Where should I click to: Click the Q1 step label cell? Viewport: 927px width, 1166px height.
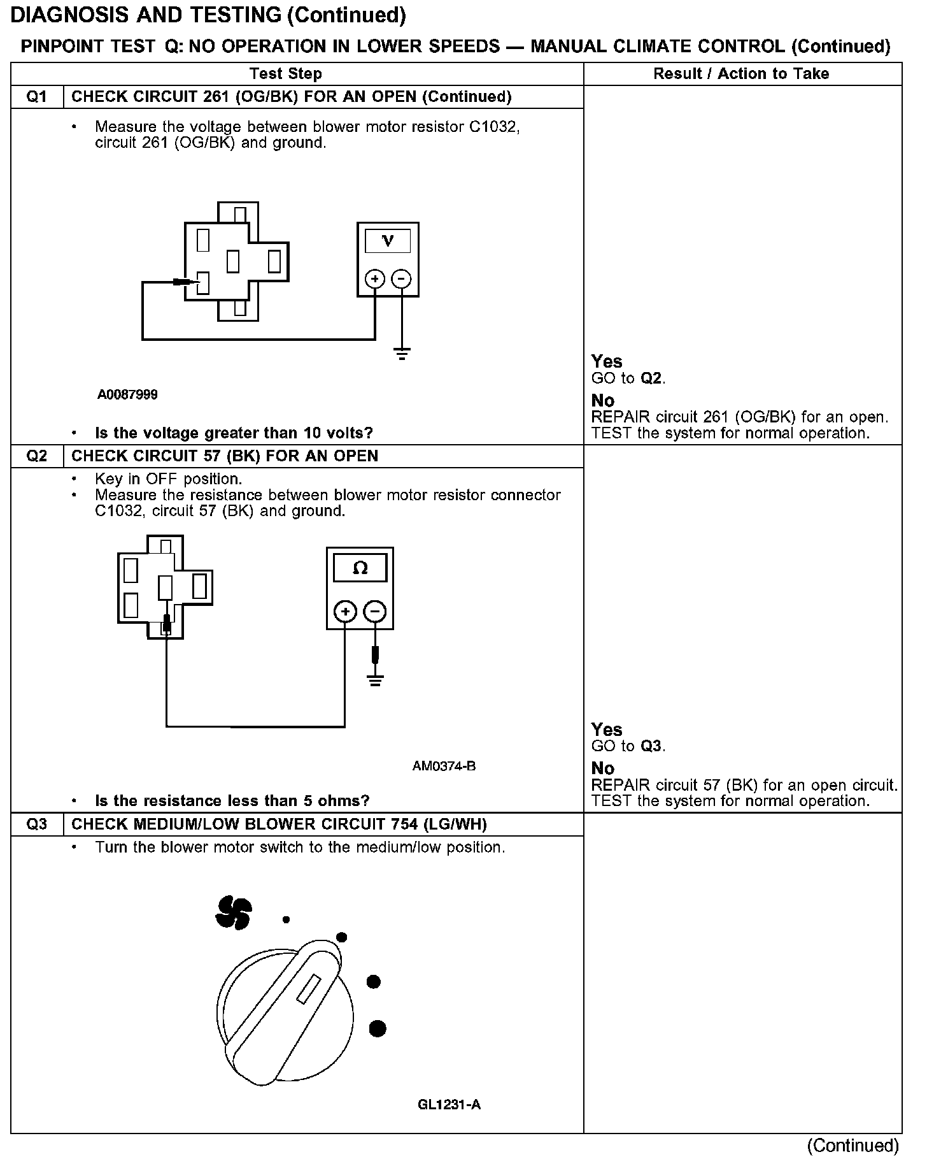37,97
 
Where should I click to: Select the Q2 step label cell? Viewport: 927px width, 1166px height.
37,456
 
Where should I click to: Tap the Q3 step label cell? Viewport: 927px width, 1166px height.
37,824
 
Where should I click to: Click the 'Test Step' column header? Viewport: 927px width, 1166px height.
286,74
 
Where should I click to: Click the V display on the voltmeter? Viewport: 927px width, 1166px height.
387,241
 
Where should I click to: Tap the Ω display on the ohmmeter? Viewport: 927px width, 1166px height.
360,568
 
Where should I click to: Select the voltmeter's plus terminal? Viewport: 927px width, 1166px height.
374,279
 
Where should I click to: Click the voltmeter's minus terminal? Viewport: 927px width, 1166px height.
401,279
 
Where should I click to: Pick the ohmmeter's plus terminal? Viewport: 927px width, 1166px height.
345,612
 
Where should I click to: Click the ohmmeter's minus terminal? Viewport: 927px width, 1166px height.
375,612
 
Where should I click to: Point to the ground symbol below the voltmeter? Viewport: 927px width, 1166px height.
402,354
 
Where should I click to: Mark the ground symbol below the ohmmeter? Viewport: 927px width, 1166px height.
375,680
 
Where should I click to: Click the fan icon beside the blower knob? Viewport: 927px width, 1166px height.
234,912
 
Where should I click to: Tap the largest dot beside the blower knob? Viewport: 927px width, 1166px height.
378,1028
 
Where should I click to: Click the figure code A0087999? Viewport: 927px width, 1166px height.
127,395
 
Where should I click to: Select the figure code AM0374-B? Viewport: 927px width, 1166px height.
444,766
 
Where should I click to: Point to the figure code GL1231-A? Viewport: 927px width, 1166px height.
449,1104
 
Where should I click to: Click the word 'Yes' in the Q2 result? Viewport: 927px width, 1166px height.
606,730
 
